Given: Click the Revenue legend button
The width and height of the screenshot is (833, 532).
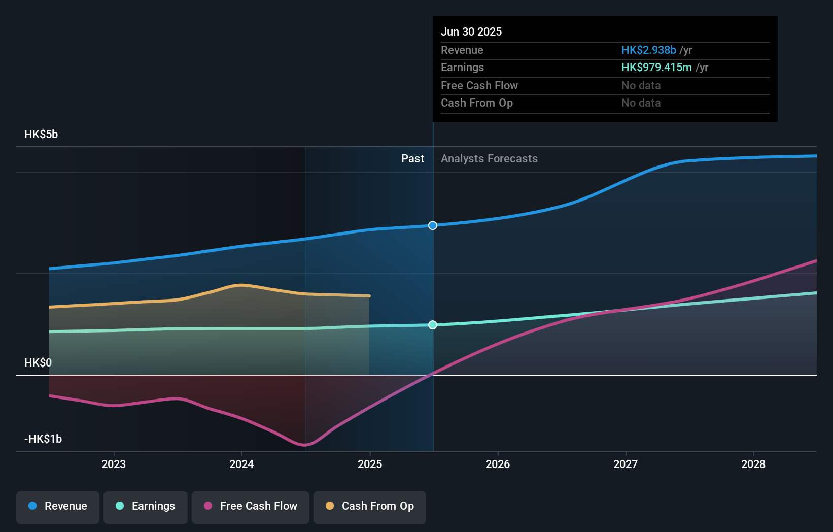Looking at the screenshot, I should click(x=58, y=507).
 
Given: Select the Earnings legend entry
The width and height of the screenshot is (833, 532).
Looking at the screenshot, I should click(x=146, y=507).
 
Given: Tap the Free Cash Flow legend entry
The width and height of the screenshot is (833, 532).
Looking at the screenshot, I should click(x=251, y=507).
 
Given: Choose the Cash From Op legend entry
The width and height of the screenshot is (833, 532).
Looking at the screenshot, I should click(x=370, y=507).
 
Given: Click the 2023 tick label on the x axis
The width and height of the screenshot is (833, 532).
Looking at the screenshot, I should click(x=114, y=464).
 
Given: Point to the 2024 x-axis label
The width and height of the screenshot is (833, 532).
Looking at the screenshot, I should click(x=241, y=464).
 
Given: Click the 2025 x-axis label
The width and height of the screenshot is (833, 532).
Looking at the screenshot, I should click(x=370, y=464).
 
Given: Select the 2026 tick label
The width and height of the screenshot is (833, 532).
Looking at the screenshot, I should click(x=498, y=464).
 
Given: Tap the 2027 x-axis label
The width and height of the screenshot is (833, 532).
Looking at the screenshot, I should click(x=626, y=464).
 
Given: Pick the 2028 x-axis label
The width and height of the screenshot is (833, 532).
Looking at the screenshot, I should click(x=753, y=464).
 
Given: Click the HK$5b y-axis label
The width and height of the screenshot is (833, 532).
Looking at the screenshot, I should click(x=41, y=135).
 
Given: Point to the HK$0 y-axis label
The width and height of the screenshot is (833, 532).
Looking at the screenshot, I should click(x=38, y=363).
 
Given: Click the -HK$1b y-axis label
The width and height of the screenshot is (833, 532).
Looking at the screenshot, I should click(x=43, y=439).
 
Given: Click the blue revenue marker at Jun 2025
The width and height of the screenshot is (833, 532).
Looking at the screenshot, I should click(x=433, y=225).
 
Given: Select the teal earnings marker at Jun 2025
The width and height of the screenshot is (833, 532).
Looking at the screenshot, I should click(x=433, y=325).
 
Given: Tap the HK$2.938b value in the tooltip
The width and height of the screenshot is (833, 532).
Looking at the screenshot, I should click(x=648, y=50).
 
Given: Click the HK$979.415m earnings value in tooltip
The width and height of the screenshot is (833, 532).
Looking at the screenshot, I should click(x=656, y=68).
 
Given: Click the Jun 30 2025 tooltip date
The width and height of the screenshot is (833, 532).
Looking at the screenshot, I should click(x=471, y=32).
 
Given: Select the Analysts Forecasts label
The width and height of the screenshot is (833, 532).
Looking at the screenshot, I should click(x=489, y=159).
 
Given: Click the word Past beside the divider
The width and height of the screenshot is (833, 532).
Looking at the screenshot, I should click(x=412, y=159).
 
